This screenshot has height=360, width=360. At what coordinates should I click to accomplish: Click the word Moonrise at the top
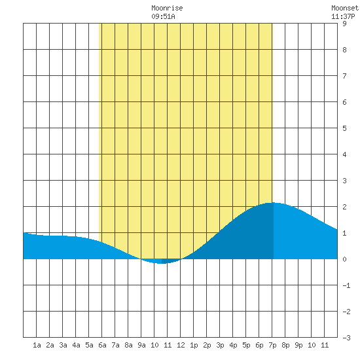(167, 8)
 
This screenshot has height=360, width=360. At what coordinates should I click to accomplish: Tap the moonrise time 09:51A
(163, 16)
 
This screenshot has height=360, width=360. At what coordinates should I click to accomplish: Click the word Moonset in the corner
(345, 8)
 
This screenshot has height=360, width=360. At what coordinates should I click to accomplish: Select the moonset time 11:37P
(343, 16)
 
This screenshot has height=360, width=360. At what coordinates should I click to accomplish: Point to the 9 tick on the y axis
(344, 24)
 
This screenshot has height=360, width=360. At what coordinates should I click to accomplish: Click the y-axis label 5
(344, 128)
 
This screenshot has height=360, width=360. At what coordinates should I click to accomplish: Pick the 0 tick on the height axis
(344, 259)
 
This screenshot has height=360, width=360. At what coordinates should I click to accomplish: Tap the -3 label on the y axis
(346, 338)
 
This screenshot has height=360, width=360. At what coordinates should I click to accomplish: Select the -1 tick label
(346, 285)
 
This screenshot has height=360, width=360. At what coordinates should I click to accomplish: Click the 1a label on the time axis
(37, 345)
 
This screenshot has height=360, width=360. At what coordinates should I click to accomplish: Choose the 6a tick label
(102, 345)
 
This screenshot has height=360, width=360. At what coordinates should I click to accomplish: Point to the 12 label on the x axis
(181, 345)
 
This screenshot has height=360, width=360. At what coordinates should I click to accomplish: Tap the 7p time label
(272, 345)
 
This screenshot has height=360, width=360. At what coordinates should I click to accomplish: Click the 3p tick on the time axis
(220, 345)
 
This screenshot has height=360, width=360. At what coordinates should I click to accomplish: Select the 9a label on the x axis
(141, 345)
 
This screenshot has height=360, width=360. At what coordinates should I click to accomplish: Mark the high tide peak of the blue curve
(272, 203)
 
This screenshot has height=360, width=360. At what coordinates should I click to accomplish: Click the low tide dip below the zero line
(162, 263)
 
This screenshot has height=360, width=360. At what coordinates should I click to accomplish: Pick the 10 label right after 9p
(312, 345)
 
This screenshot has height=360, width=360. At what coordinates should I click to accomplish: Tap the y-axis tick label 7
(344, 76)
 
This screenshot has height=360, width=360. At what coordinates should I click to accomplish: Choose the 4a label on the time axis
(76, 345)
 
